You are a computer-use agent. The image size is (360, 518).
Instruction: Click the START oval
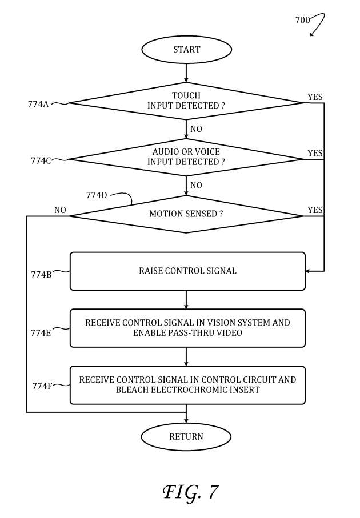tap(186, 50)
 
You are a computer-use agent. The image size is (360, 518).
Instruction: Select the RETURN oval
tap(186, 437)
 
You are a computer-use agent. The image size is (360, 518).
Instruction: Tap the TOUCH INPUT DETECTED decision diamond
tap(186, 101)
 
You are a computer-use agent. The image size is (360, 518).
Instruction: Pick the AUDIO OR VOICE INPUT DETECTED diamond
tap(186, 157)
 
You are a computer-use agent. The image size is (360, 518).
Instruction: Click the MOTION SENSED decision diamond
tap(186, 214)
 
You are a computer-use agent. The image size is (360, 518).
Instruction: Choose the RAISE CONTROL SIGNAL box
tap(187, 271)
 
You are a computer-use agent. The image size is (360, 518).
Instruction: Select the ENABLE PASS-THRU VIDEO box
tap(187, 328)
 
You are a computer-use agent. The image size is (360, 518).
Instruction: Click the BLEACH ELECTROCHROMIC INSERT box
tap(187, 385)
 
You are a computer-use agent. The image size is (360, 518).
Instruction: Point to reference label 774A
tap(38, 104)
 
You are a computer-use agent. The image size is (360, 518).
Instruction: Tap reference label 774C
tap(41, 160)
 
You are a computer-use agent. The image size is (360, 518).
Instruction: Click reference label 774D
tap(97, 195)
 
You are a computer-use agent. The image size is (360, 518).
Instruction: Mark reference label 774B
tap(41, 274)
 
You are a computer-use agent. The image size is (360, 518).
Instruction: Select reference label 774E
tap(41, 332)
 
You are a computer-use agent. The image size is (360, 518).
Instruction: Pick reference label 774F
tap(42, 386)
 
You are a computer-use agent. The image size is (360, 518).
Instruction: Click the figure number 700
tap(302, 20)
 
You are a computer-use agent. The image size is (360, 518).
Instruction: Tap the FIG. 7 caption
tap(190, 491)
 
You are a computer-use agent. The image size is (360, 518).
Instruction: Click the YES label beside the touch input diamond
tap(315, 97)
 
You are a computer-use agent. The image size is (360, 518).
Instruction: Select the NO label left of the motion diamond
tap(60, 210)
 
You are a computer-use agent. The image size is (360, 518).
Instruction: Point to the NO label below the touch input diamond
tap(196, 129)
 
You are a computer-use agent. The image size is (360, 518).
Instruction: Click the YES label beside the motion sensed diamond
tap(315, 210)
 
